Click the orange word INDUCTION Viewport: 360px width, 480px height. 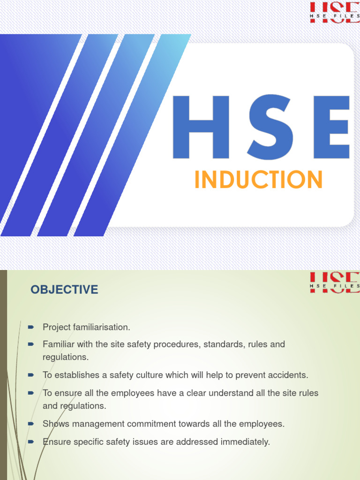tap(259, 180)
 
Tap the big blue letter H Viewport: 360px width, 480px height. tap(201, 127)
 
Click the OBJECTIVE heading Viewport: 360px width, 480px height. tap(65, 290)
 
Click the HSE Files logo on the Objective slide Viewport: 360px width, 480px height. tap(334, 282)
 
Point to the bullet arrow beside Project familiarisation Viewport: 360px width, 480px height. tap(31, 326)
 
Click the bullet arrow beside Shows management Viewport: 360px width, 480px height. tap(31, 423)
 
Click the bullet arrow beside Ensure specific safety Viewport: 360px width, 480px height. tap(31, 442)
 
